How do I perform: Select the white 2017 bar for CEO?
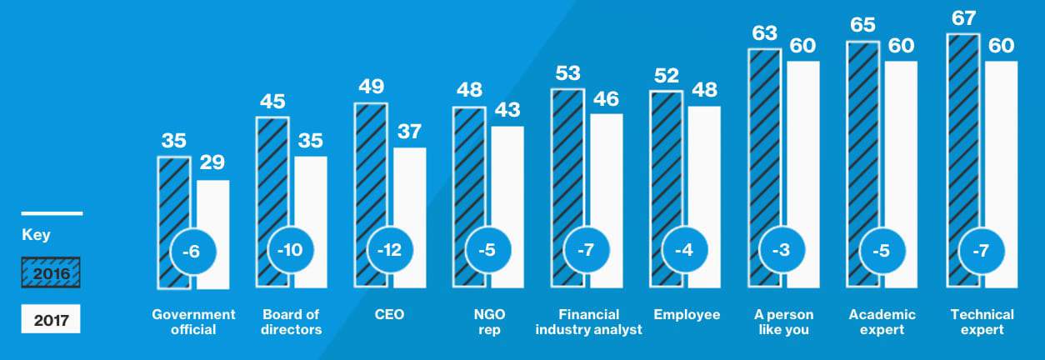point(410,217)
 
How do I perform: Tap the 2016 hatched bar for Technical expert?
point(962,160)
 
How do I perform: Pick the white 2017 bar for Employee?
point(704,197)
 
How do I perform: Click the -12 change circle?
point(389,250)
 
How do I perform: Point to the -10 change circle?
point(290,250)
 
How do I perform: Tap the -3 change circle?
point(782,250)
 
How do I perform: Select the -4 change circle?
point(684,250)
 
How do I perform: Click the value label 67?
point(963,18)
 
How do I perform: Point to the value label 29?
point(212,162)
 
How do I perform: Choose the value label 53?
point(567,73)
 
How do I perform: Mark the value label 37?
point(409,132)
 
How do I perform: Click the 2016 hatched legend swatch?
point(51,272)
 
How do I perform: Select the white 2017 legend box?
point(51,319)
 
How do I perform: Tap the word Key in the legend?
point(36,234)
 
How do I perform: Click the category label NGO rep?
point(489,322)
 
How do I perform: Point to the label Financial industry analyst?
point(588,322)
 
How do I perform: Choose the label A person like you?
point(783,322)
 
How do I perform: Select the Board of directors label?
point(291,322)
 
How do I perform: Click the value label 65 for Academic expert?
point(862,25)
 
